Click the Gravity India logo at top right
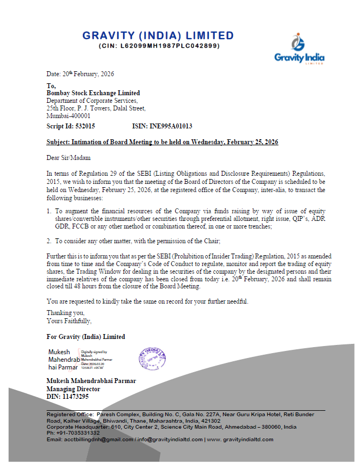(x=299, y=50)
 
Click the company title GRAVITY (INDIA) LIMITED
(x=158, y=36)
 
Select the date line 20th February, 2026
(x=80, y=74)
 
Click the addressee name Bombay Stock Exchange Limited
(x=93, y=93)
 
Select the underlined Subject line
(x=162, y=142)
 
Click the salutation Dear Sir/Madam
(x=69, y=158)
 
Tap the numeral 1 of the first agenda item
(x=48, y=211)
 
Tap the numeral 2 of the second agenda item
(x=48, y=240)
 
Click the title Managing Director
(x=73, y=390)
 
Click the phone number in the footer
(x=73, y=433)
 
